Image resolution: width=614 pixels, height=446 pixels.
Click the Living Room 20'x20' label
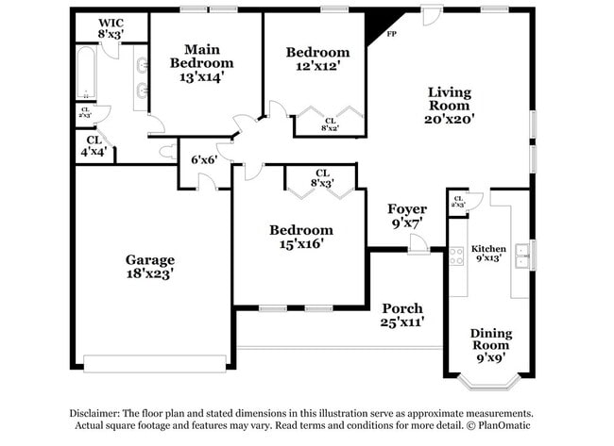click(x=450, y=106)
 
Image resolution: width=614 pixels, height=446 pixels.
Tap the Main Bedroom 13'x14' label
click(x=201, y=63)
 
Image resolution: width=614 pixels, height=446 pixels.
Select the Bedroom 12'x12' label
click(x=317, y=59)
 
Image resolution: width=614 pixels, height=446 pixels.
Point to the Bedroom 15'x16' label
click(x=300, y=237)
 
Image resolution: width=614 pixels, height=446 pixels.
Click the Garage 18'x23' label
click(x=150, y=267)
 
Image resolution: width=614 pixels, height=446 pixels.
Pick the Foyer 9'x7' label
click(x=407, y=216)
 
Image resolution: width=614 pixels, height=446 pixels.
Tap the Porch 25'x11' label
click(x=402, y=315)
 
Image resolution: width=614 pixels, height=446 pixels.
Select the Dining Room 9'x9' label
click(x=491, y=345)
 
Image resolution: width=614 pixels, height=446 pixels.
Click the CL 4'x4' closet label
click(x=92, y=145)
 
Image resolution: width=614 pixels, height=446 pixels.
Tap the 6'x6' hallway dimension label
click(x=204, y=160)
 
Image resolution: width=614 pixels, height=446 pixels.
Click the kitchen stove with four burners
click(x=456, y=256)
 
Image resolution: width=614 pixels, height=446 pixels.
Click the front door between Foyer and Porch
click(x=418, y=247)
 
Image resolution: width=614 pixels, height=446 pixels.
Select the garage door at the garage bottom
click(x=154, y=363)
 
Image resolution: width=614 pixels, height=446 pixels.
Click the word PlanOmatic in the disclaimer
click(x=504, y=426)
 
